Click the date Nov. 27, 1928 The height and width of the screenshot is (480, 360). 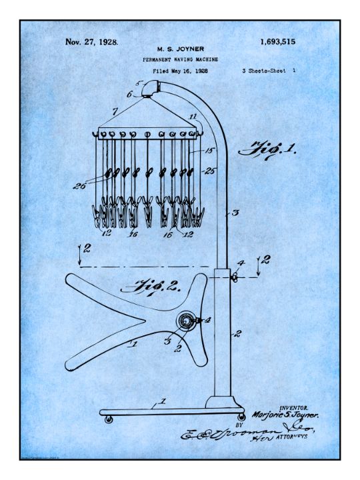92,42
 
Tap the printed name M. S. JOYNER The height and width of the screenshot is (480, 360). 180,49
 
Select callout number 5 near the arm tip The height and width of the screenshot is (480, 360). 139,83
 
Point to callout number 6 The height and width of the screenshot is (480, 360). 130,95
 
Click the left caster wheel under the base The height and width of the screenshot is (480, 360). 109,420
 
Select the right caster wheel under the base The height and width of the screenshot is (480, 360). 241,417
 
